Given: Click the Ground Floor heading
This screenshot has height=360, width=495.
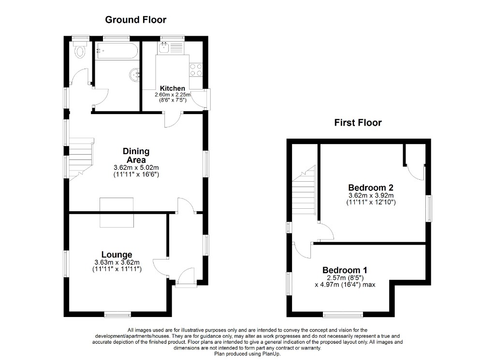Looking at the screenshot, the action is point(135,19).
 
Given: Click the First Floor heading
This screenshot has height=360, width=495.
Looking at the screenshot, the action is point(358,122).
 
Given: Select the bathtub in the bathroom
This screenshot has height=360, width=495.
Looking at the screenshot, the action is point(117,50).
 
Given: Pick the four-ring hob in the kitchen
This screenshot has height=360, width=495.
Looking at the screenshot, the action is point(196,70).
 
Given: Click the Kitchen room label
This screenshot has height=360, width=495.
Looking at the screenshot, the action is point(173,88).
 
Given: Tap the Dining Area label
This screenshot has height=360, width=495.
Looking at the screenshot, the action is point(136,155).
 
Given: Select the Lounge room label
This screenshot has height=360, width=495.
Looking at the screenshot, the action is point(117,255).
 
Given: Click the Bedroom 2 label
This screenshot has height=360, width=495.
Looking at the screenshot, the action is point(371,187).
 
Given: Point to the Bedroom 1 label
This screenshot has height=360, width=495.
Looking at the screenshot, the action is point(345,270).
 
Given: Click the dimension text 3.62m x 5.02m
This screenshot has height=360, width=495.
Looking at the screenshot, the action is point(136,168).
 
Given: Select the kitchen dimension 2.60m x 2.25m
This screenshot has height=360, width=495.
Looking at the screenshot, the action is point(173,95).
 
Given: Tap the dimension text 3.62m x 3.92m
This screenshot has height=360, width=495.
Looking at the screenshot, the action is point(371,196).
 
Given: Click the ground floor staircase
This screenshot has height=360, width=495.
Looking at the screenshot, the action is point(81,159).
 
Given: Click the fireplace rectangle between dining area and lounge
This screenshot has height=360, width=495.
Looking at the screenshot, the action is point(116,212).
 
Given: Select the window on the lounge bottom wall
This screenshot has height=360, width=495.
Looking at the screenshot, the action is point(118,314).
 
